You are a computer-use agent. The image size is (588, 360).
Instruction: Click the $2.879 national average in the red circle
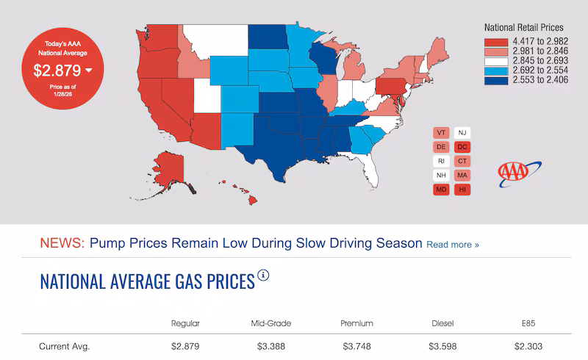pyautogui.click(x=59, y=71)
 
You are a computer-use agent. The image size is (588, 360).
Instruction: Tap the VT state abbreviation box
pyautogui.click(x=441, y=132)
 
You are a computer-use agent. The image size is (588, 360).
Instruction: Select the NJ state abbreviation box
pyautogui.click(x=462, y=132)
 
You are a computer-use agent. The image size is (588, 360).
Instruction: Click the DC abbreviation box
pyautogui.click(x=462, y=147)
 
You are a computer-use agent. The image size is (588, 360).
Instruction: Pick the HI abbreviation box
pyautogui.click(x=462, y=190)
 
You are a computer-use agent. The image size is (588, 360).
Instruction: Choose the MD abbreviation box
pyautogui.click(x=441, y=190)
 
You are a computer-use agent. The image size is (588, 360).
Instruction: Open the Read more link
pyautogui.click(x=453, y=245)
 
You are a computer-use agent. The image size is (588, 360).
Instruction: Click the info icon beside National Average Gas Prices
pyautogui.click(x=263, y=276)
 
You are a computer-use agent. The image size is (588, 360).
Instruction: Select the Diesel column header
pyautogui.click(x=442, y=323)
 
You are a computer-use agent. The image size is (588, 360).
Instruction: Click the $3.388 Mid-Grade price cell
pyautogui.click(x=271, y=346)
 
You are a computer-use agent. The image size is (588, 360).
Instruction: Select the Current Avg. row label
pyautogui.click(x=65, y=346)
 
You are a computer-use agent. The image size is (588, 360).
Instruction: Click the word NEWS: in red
pyautogui.click(x=62, y=243)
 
